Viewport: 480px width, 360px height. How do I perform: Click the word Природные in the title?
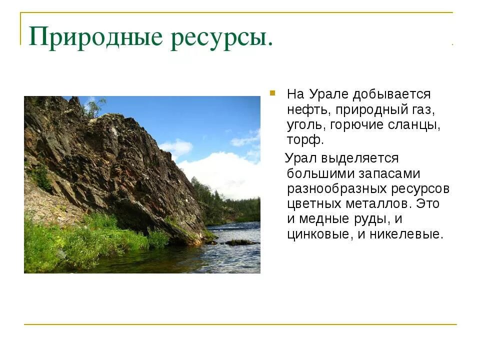(95, 37)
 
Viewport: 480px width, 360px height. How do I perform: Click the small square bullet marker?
(272, 93)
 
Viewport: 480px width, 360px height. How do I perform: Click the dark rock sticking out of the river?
(240, 242)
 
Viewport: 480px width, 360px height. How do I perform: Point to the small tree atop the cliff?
(95, 106)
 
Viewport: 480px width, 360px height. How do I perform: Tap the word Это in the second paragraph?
(433, 204)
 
